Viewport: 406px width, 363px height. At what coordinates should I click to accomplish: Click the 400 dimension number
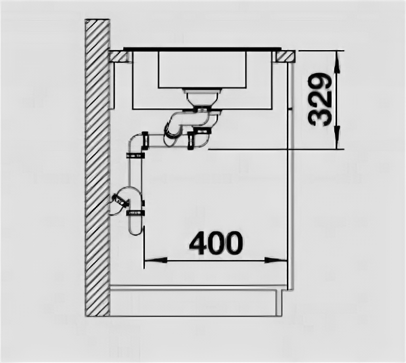click(x=215, y=242)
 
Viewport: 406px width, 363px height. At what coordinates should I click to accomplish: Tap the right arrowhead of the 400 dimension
click(x=284, y=260)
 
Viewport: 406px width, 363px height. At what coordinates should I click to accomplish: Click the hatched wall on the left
click(x=97, y=169)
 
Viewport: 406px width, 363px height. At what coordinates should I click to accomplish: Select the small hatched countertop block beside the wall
click(x=121, y=56)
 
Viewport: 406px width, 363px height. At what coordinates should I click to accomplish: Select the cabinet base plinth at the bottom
click(x=196, y=301)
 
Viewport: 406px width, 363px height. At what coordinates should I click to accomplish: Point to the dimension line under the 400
click(x=217, y=260)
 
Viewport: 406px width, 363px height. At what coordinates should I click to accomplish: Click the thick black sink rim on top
click(x=203, y=49)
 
